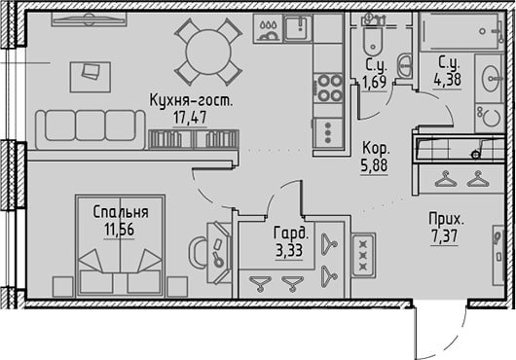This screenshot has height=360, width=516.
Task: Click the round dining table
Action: (208, 52)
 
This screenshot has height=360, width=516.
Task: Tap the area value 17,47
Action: (190, 118)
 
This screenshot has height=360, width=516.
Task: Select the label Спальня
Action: (121, 212)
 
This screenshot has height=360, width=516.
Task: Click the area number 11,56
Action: (119, 230)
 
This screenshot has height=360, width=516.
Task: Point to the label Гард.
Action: (291, 234)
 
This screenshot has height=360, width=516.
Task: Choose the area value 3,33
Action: (289, 251)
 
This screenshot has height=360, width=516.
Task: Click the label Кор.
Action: (376, 148)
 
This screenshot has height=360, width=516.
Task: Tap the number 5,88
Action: (374, 165)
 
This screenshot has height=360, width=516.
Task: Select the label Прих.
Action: (446, 219)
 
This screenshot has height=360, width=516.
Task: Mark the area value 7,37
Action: (444, 236)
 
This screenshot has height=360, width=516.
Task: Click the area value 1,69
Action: (374, 82)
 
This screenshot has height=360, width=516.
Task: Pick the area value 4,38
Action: (448, 79)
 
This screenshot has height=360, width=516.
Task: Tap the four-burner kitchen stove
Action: (328, 88)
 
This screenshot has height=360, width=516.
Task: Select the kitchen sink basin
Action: (298, 28)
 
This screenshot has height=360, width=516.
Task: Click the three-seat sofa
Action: (91, 129)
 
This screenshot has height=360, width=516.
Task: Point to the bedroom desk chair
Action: (197, 251)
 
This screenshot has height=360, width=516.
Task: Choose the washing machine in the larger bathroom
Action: (489, 118)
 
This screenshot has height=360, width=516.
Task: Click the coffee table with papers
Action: (91, 77)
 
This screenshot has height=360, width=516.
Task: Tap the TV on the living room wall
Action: (90, 19)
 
